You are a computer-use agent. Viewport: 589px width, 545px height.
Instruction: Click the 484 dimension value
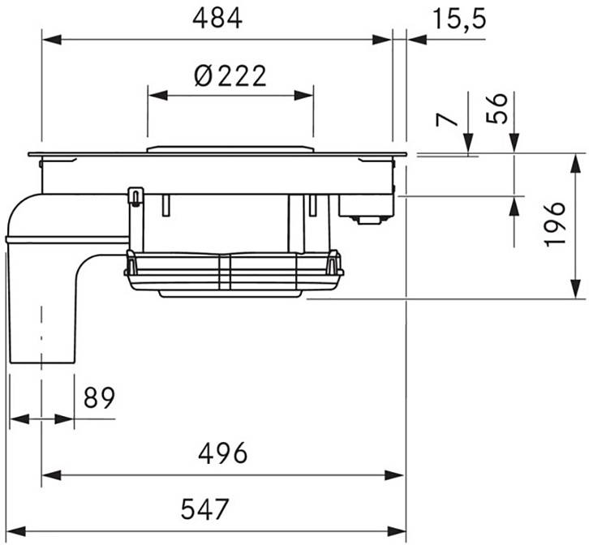coord(217,19)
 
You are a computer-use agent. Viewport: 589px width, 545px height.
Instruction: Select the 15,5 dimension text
coord(459,19)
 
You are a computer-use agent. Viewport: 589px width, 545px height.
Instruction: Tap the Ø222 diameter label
coord(230,76)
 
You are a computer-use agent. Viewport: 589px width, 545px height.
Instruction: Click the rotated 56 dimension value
coord(497,109)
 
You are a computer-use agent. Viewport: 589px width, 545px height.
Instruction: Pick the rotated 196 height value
coord(554,224)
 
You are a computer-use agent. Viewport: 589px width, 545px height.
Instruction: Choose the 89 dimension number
coord(99,398)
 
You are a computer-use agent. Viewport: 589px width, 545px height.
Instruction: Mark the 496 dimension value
coord(223,453)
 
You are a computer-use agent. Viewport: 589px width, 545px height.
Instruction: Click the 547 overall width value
coord(204,509)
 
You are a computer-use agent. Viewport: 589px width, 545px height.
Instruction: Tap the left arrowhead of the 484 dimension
coord(51,40)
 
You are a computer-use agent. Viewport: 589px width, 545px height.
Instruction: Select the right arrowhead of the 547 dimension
coord(397,531)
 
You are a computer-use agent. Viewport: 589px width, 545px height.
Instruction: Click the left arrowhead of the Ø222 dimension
coord(157,96)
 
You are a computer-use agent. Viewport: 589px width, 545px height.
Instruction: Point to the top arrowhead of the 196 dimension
coord(575,163)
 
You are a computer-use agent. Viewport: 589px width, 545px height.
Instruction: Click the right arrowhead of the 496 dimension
coord(394,475)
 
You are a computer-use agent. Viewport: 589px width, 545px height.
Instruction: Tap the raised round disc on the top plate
coord(230,149)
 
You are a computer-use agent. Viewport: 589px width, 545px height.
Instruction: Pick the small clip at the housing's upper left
coord(135,196)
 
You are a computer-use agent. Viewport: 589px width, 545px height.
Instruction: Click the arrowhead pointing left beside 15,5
coord(416,40)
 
